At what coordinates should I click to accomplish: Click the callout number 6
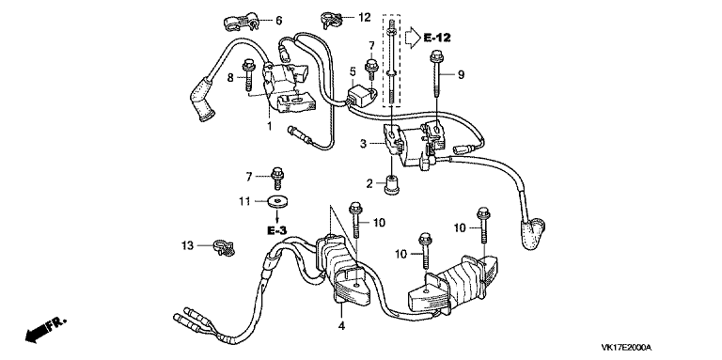coord(279,21)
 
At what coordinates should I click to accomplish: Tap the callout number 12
coord(364,18)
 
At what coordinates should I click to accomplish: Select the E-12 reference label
coord(437,38)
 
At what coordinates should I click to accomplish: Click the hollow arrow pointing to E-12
coord(413,36)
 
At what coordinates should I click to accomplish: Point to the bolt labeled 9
coord(435,80)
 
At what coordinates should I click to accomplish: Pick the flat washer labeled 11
coord(277,202)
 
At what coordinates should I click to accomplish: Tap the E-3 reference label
coord(276,229)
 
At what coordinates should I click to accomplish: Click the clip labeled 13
coord(225,247)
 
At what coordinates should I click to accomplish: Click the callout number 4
coord(341,325)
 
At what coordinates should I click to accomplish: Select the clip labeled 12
coord(333,19)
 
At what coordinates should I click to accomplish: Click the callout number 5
coord(353,70)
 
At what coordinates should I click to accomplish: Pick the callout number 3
coord(363,144)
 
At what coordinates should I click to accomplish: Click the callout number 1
coord(270,125)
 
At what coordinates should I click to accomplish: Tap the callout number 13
coord(187,246)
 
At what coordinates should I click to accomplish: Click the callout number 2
coord(369,184)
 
